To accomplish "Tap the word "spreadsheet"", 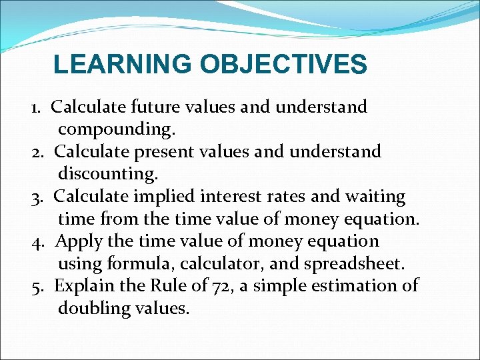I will pyautogui.click(x=353, y=264).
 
